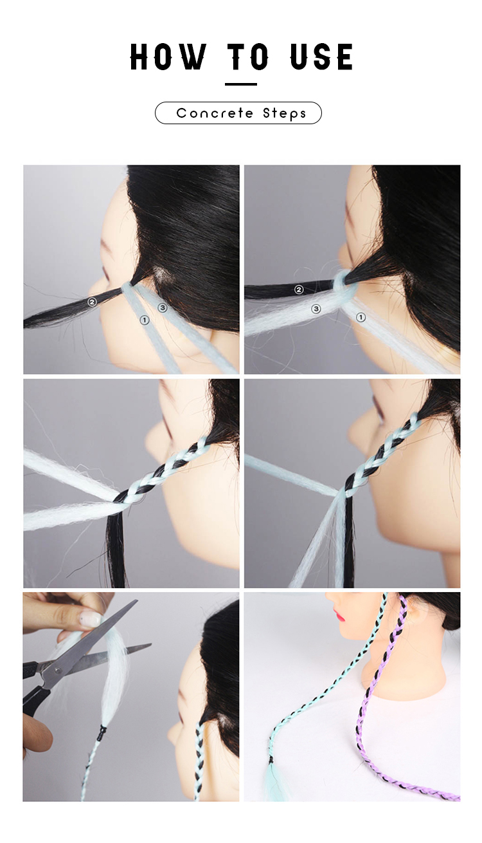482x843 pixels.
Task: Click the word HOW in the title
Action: (x=168, y=57)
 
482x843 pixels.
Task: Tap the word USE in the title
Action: (x=322, y=57)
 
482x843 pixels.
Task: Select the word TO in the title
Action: (x=248, y=57)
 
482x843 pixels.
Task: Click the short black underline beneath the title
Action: (x=241, y=84)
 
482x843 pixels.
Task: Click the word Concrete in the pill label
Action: (x=215, y=113)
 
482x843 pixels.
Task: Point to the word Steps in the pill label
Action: (x=285, y=113)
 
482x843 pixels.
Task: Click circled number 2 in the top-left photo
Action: (x=92, y=301)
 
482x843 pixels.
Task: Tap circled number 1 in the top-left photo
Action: (x=145, y=320)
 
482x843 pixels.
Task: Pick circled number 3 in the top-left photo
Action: (x=162, y=308)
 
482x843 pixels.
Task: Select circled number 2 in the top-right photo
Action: (x=299, y=290)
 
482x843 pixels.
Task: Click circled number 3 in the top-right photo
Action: (x=316, y=309)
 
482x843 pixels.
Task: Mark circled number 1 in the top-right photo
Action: (x=361, y=318)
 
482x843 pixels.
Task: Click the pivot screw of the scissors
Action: (x=57, y=671)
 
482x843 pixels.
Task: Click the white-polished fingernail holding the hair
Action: (x=91, y=617)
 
